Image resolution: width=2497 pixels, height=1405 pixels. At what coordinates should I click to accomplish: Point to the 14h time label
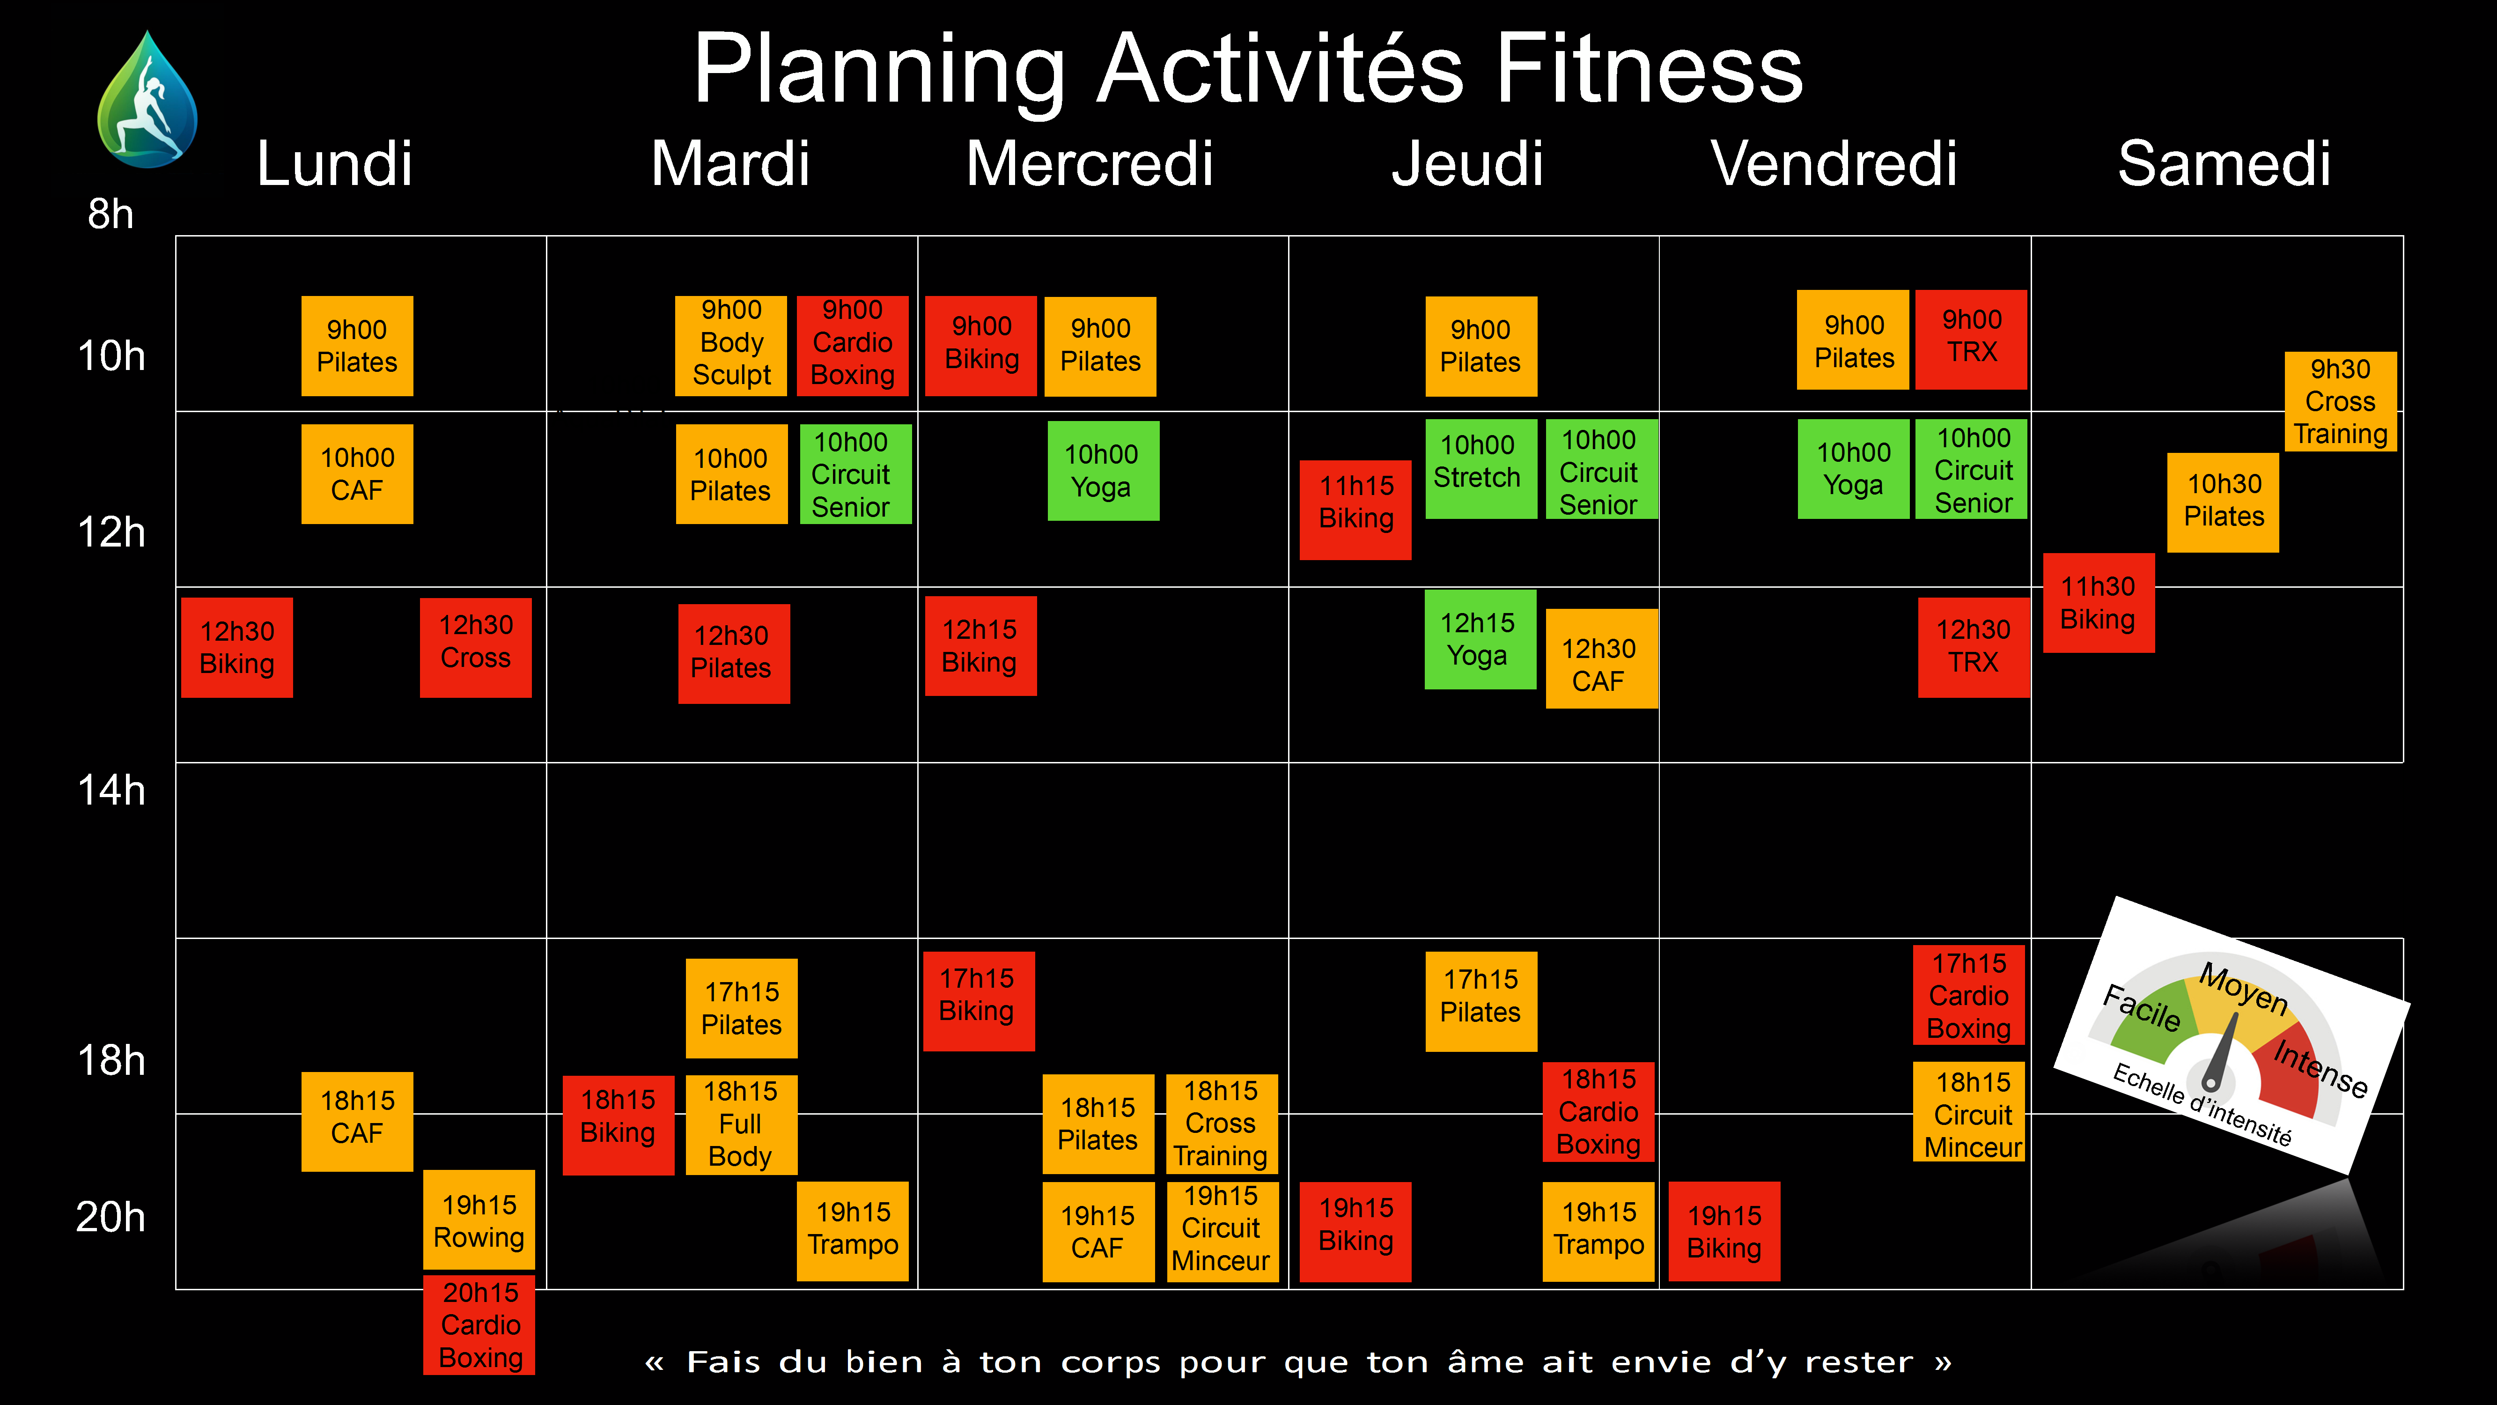(111, 790)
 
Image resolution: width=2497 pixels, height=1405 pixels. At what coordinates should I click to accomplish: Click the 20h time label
(111, 1217)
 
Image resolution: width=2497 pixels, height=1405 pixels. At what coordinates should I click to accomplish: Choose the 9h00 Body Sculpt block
(731, 345)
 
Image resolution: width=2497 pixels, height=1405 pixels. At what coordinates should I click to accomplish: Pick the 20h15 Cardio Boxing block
(480, 1324)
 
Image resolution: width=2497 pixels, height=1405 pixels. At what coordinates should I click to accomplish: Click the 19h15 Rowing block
(479, 1221)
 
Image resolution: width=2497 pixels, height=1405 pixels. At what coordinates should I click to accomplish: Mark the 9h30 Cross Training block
(2340, 401)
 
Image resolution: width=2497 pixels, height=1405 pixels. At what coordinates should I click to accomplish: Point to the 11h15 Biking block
(1355, 510)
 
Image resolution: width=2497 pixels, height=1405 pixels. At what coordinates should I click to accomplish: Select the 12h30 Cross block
(475, 648)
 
